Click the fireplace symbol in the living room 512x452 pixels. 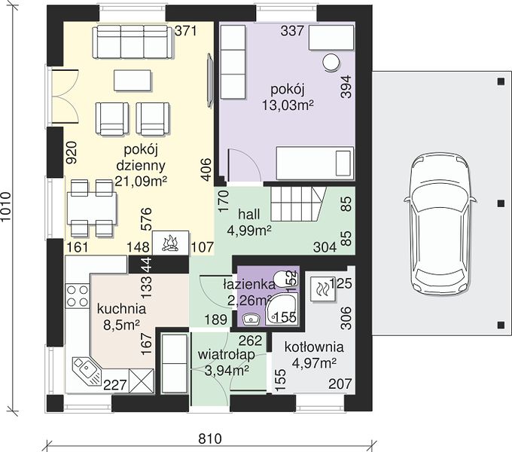[x=170, y=243]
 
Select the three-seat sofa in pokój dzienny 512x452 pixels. [x=133, y=42]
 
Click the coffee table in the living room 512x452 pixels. [x=133, y=81]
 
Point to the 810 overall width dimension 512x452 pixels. [x=210, y=438]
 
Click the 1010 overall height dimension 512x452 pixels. [x=6, y=207]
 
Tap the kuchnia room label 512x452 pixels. [x=121, y=309]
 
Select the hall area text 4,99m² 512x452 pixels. [x=249, y=231]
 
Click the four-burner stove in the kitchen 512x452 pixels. [x=78, y=295]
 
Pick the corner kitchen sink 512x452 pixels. [x=87, y=371]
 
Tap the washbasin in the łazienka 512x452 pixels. [x=251, y=319]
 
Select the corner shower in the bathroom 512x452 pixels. [x=282, y=309]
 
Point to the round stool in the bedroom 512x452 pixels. [x=331, y=62]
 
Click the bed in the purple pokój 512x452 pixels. [x=315, y=163]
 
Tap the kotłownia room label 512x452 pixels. [x=314, y=347]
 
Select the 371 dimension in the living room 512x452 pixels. [x=186, y=31]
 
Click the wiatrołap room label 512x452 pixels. [x=227, y=356]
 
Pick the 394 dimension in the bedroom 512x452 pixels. [x=346, y=87]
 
